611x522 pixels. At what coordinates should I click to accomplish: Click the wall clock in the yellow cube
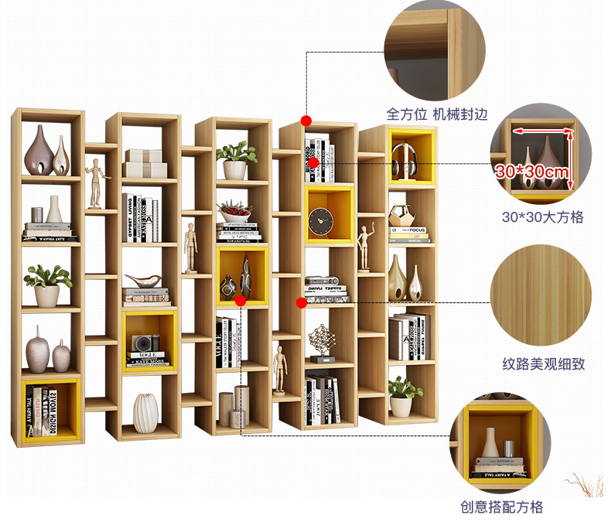click(318, 223)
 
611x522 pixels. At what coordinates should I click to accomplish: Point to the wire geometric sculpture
click(321, 341)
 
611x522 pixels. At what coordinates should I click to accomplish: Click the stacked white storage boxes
click(145, 164)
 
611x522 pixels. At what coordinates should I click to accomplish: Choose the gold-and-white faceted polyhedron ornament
click(401, 215)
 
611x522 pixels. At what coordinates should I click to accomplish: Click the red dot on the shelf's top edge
click(306, 121)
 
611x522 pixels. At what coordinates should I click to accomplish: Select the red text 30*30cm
click(534, 171)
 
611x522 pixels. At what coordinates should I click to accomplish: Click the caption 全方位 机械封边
click(437, 114)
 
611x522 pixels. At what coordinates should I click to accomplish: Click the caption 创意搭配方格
click(502, 507)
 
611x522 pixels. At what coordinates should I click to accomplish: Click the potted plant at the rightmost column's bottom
click(401, 396)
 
